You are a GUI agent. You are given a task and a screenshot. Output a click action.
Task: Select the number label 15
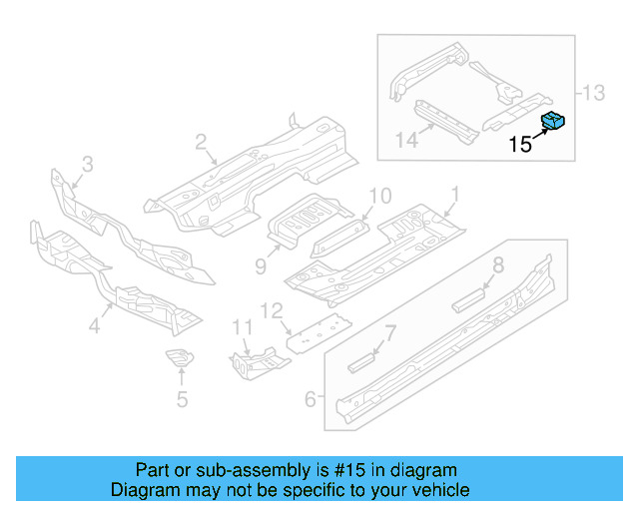click(x=520, y=145)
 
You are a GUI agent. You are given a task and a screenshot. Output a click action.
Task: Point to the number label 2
click(x=201, y=142)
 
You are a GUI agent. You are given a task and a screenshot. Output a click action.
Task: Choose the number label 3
click(x=87, y=164)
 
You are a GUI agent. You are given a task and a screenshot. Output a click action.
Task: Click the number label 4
click(x=96, y=324)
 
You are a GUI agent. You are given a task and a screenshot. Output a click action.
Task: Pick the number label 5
click(x=182, y=400)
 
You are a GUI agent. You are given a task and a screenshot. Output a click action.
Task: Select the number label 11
click(x=242, y=326)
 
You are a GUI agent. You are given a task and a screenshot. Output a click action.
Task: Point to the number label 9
click(x=261, y=265)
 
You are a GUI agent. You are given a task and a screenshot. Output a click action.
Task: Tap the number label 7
click(x=391, y=332)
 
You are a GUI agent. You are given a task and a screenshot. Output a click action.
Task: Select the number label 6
click(x=311, y=399)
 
